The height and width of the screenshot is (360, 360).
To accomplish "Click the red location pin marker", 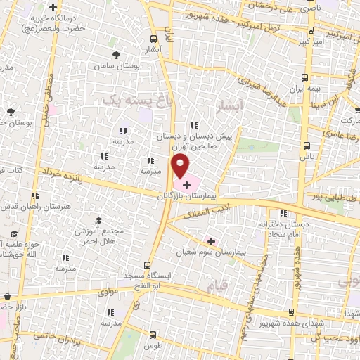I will (x=181, y=167).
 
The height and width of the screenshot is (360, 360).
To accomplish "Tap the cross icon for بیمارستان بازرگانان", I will (x=186, y=184).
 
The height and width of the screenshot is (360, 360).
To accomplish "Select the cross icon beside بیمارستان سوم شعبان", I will (x=211, y=241).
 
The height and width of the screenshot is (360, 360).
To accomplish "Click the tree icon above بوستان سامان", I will (x=116, y=54).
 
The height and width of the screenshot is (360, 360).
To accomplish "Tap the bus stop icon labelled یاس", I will (x=306, y=146).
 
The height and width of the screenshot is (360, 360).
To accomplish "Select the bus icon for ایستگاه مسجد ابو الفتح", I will (x=146, y=265).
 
